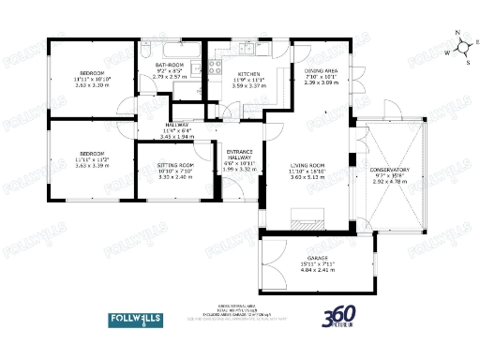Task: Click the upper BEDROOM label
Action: click(x=92, y=73)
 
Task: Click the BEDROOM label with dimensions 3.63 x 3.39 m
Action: click(x=92, y=153)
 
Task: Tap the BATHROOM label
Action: click(x=171, y=64)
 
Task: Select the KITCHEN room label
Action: click(x=248, y=73)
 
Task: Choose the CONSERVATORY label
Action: click(x=392, y=170)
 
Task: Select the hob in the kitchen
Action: click(x=214, y=66)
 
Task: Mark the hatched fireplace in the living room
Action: click(x=307, y=224)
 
